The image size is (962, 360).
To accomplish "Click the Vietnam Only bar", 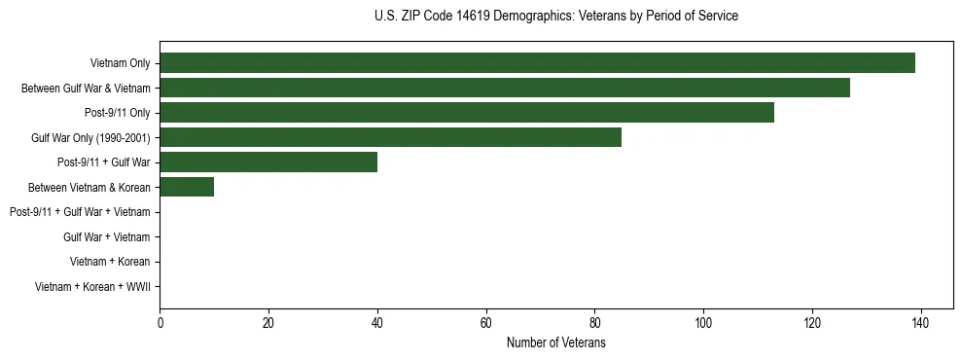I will (537, 63).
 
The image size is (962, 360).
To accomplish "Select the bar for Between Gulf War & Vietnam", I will (505, 88).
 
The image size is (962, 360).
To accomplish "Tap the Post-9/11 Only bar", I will (467, 113).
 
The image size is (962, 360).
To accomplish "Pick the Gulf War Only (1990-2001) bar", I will (390, 137).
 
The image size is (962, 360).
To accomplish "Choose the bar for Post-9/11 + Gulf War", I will (268, 162).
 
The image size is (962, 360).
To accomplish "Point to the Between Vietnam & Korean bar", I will (187, 187).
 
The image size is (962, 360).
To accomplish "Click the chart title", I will (556, 17).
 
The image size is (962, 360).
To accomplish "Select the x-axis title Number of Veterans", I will (556, 342).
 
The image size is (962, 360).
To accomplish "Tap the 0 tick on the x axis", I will (160, 323).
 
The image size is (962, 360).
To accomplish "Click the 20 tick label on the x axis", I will (268, 323).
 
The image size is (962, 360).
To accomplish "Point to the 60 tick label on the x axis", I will (486, 323).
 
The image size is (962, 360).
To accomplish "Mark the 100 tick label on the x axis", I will (703, 323).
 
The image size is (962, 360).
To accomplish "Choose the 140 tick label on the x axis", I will (920, 323).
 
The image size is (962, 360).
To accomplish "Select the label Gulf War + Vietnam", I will (107, 236).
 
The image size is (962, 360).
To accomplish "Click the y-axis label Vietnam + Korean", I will (110, 262).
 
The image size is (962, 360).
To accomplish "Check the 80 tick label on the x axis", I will (594, 323).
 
